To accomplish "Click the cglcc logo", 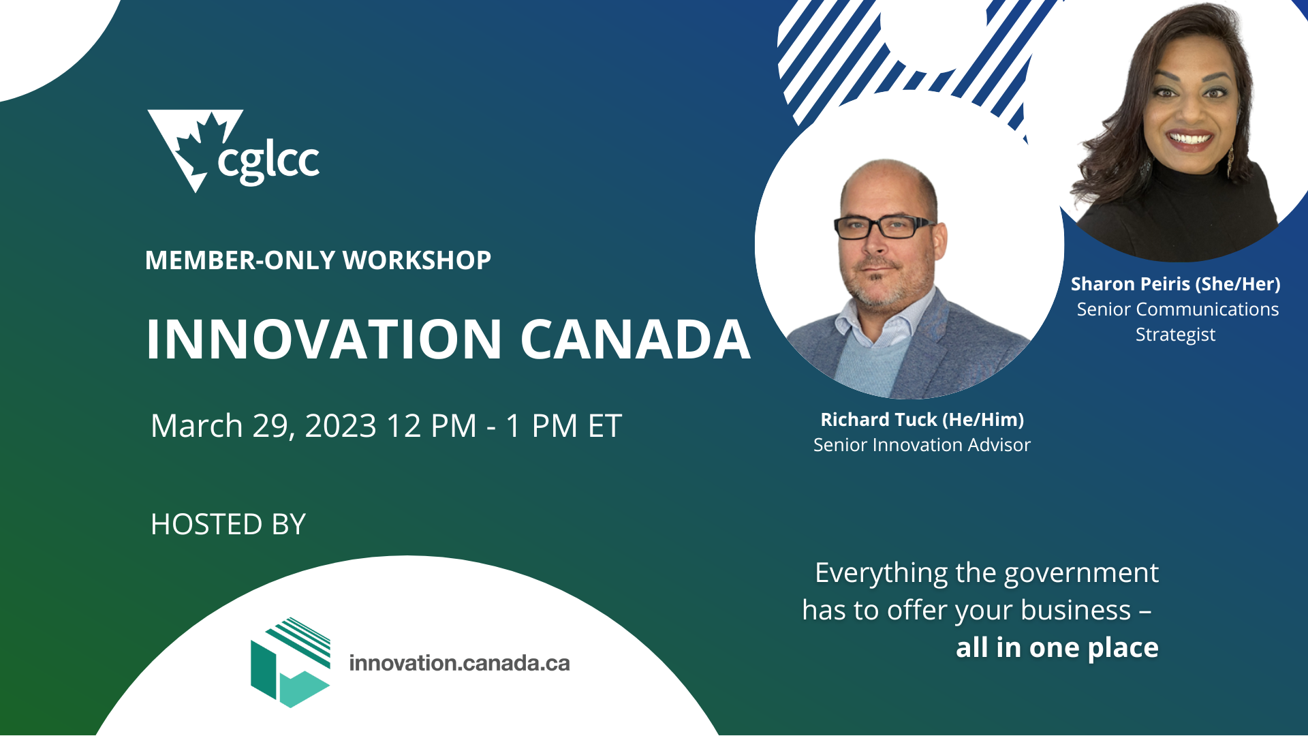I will pos(233,151).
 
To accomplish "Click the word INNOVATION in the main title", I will pos(324,339).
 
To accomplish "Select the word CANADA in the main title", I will pos(635,339).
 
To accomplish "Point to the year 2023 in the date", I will pos(341,426).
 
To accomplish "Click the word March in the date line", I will pos(196,426).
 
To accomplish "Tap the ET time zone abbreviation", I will pos(604,426).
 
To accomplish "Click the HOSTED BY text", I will pos(228,524).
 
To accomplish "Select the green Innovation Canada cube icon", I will pos(291,662).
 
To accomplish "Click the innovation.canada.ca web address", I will pos(459,663).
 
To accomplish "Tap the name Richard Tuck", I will pos(878,419).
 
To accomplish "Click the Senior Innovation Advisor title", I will pos(921,445).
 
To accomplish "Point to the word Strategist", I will pos(1175,335).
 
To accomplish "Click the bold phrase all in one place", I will pos(1057,647).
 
